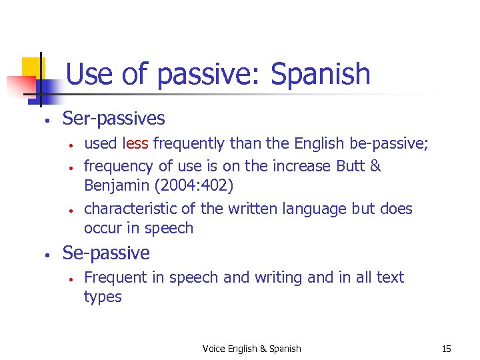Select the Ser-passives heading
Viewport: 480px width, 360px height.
tap(113, 119)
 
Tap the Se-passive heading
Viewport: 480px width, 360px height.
tap(106, 253)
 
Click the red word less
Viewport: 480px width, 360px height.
tap(136, 143)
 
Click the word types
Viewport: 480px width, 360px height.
tap(103, 297)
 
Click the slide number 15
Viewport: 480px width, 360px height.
tap(447, 349)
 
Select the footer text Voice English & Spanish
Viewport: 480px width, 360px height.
tap(252, 349)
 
